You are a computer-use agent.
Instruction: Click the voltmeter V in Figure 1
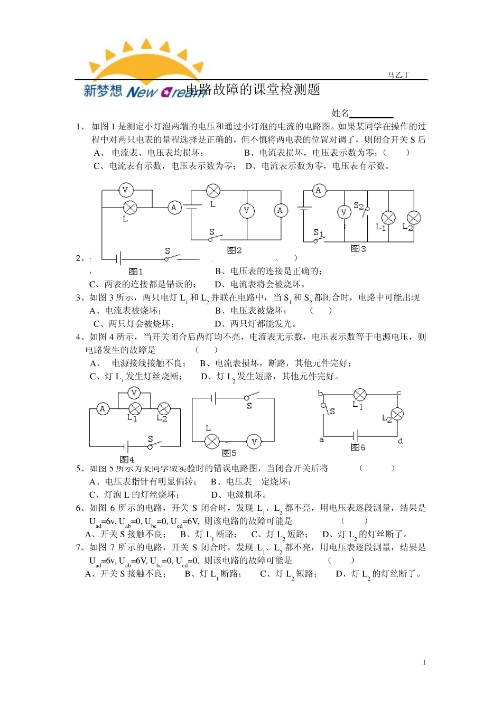click(x=125, y=190)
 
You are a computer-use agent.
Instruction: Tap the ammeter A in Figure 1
click(x=174, y=208)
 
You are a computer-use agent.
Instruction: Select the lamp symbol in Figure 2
click(x=213, y=191)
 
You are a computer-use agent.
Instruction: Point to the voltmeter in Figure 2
click(x=246, y=211)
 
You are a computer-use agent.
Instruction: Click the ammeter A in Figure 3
click(x=318, y=191)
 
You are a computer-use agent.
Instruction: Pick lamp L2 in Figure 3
click(x=413, y=218)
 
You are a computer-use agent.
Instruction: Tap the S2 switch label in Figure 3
click(x=358, y=205)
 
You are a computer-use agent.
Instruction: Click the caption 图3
click(x=358, y=248)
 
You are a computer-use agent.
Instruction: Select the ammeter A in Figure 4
click(x=103, y=408)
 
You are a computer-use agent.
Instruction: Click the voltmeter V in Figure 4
click(x=134, y=393)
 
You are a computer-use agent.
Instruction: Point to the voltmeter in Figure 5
click(x=254, y=442)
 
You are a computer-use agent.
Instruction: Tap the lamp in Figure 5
click(x=212, y=442)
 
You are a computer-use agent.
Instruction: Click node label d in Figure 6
click(x=400, y=441)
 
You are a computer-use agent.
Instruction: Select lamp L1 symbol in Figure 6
click(x=360, y=395)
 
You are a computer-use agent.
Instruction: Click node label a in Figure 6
click(x=321, y=440)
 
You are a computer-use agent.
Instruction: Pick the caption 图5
click(x=229, y=453)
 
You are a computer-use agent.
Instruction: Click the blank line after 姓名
click(x=371, y=114)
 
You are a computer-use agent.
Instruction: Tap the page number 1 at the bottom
click(x=424, y=662)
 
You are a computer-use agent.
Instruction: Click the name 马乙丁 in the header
click(x=398, y=75)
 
